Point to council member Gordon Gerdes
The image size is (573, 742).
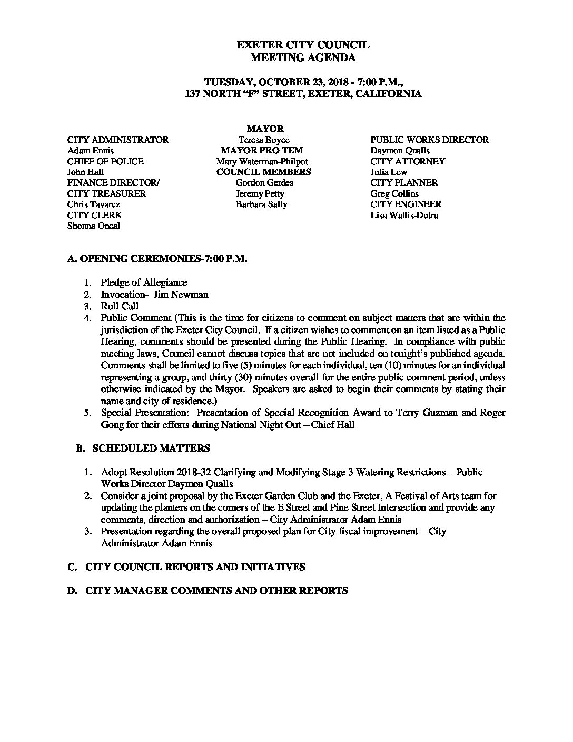tap(264, 182)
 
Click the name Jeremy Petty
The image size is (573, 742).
tap(260, 193)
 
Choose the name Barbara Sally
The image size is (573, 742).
tap(261, 204)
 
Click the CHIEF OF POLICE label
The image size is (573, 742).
tap(105, 161)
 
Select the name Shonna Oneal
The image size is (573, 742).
tap(94, 226)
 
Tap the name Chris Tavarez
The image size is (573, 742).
tap(94, 204)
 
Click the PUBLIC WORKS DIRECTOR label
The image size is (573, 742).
tap(429, 140)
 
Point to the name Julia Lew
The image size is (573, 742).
tap(389, 172)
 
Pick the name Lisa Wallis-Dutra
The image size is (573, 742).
tap(404, 215)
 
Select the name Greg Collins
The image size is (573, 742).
tap(394, 193)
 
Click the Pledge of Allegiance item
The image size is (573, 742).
tap(144, 282)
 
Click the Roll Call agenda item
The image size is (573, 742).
tap(120, 306)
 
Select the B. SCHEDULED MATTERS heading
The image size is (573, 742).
tap(143, 448)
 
